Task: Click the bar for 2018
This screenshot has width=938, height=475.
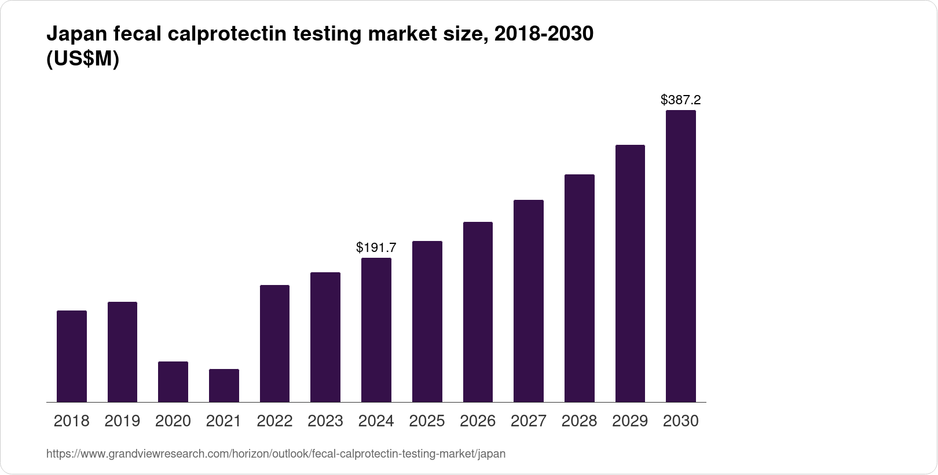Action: point(72,356)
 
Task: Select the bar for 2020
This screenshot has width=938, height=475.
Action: point(173,382)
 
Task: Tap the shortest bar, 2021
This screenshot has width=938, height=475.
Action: point(224,385)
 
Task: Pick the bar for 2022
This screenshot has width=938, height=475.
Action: point(274,344)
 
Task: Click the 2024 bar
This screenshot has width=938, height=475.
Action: point(376,330)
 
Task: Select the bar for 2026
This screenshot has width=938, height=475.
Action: point(478,312)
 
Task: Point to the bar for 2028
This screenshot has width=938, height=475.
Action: point(579,288)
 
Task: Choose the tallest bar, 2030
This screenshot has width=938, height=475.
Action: point(681,256)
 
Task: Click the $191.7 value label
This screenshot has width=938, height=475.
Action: point(376,248)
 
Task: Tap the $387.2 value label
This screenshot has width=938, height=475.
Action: point(681,100)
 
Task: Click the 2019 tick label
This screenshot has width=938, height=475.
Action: point(122,421)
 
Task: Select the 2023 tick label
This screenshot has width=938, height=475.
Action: point(325,421)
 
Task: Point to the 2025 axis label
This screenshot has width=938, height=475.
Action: point(427,421)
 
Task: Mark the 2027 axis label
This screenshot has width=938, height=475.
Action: point(529,421)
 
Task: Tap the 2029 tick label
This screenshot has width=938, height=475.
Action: point(630,421)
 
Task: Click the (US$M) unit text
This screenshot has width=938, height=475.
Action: point(82,59)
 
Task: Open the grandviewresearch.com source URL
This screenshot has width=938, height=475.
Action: point(276,454)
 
